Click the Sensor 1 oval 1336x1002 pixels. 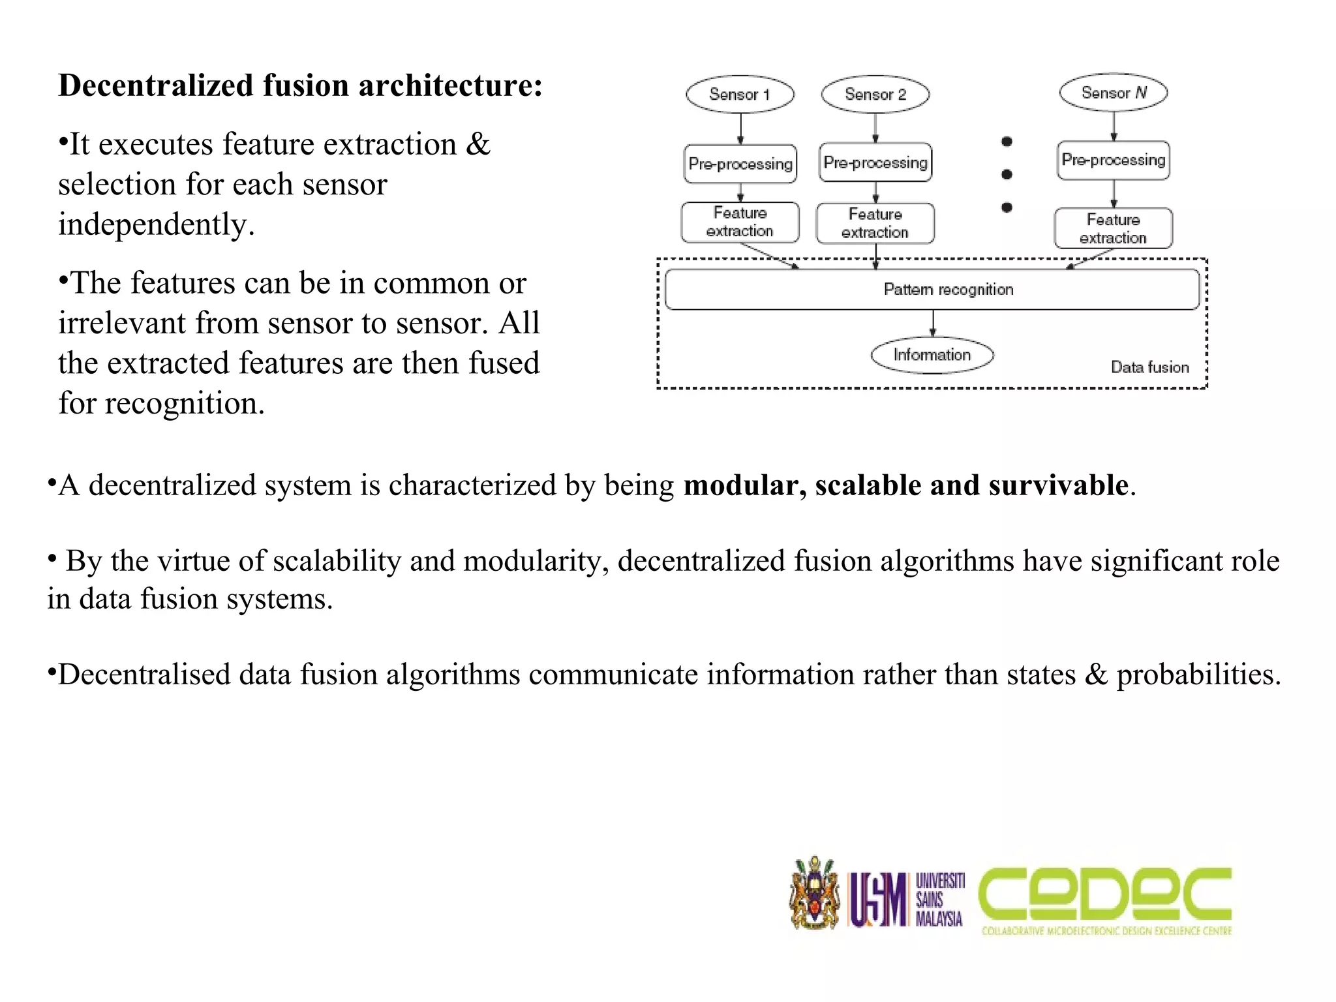click(x=740, y=95)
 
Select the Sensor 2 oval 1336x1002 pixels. click(x=875, y=95)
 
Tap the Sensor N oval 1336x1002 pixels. click(x=1114, y=93)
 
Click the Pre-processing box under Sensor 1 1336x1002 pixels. click(x=740, y=164)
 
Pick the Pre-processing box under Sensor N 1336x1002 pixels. click(x=1114, y=160)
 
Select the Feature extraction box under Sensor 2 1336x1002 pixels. click(x=875, y=224)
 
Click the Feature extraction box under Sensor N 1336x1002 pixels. click(x=1113, y=228)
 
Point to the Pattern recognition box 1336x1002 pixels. click(x=932, y=290)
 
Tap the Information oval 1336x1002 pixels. click(x=932, y=356)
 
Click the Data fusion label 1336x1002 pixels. click(x=1149, y=367)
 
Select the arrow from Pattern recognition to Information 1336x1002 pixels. click(x=933, y=323)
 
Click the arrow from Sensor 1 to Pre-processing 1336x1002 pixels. click(x=740, y=129)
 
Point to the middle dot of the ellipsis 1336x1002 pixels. click(x=1007, y=174)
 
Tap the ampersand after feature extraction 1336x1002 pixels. click(x=478, y=144)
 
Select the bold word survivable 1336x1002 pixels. click(x=1058, y=485)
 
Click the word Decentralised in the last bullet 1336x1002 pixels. click(x=144, y=675)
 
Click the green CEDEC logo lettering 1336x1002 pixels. click(x=1105, y=894)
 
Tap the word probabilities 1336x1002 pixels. click(x=1199, y=675)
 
